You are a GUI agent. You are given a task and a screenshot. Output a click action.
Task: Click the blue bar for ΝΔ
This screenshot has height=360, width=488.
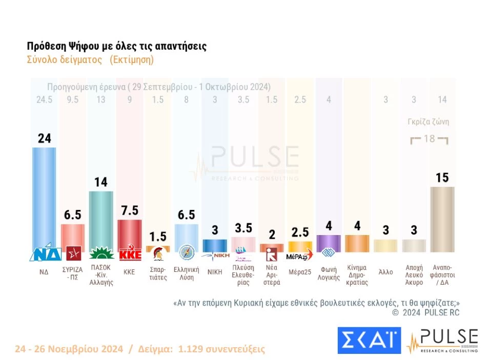(44, 197)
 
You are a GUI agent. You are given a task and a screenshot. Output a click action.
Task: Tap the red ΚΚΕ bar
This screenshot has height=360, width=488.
(129, 233)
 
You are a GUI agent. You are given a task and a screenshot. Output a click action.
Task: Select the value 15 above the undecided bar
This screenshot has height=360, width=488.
(442, 178)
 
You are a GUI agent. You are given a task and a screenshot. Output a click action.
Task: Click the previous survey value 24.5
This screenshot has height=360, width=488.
(44, 99)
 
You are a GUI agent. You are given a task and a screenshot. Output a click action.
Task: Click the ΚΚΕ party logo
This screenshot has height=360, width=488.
(129, 254)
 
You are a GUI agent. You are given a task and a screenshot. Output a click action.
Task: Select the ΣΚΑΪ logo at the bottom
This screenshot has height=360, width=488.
(369, 341)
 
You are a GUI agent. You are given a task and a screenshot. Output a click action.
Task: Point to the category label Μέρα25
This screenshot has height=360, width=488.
(299, 272)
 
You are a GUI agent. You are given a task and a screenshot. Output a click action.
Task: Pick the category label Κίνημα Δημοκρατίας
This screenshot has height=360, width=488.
(357, 276)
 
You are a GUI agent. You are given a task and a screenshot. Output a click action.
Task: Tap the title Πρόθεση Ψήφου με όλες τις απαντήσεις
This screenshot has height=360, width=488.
(116, 46)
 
